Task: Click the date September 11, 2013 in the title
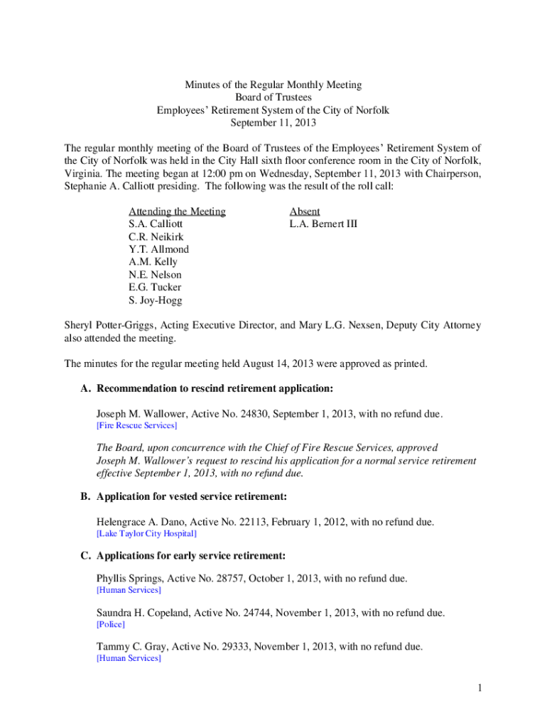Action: [273, 123]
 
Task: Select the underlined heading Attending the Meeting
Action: [177, 211]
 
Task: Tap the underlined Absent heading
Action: [304, 211]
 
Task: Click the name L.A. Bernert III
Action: [323, 224]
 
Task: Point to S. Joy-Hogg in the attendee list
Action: [155, 300]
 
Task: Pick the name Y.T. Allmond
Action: [158, 249]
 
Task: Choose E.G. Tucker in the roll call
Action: [155, 288]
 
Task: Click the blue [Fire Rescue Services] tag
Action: [136, 425]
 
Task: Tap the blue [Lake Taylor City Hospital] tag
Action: [146, 533]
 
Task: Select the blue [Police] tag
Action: [110, 624]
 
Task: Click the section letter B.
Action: [85, 496]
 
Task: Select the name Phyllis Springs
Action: [127, 579]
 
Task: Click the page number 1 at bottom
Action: [480, 688]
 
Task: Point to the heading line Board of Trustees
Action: [273, 97]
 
